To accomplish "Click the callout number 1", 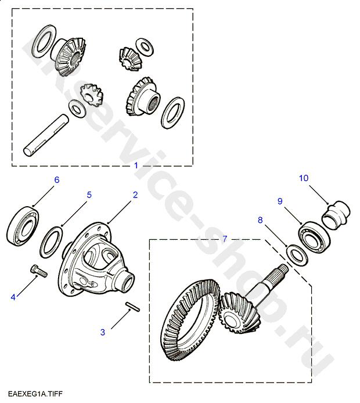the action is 136,165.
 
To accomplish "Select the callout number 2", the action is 135,195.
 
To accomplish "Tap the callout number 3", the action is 103,332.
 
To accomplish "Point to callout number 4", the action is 13,297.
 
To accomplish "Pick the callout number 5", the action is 89,195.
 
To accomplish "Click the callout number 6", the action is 57,180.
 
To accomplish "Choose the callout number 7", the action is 225,239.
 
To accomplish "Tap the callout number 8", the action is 260,220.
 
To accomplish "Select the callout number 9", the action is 280,201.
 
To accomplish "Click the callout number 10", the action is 304,178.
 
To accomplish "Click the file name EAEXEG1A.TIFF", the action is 35,394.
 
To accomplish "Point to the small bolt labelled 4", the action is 39,271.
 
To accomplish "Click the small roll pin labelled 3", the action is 132,307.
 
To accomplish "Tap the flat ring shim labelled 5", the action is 51,242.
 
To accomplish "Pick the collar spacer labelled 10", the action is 336,215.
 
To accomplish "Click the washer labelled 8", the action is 297,256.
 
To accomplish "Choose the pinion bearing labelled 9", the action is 314,236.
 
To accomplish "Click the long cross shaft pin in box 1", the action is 46,135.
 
